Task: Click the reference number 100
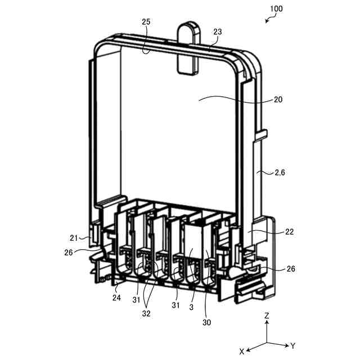(276, 9)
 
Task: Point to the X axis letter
(242, 350)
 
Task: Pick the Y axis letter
(292, 344)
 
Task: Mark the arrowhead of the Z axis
(267, 326)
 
